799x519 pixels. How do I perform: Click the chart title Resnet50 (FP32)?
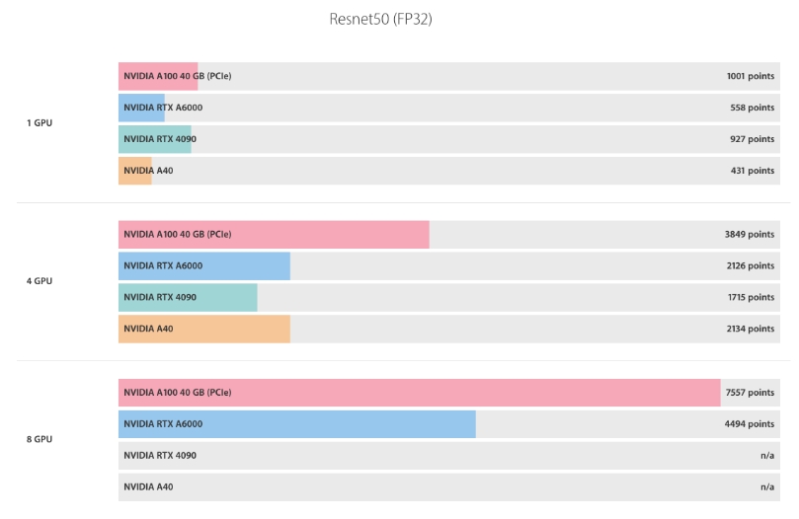tap(380, 19)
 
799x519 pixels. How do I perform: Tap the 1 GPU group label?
tap(40, 123)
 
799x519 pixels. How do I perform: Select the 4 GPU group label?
tap(40, 281)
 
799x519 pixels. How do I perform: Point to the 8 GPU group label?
tap(40, 439)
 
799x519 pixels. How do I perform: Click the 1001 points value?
tap(750, 76)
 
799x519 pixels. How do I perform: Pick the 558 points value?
tap(753, 108)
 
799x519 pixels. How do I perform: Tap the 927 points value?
tap(753, 139)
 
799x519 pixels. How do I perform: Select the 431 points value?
tap(753, 171)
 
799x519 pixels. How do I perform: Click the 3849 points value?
tap(750, 235)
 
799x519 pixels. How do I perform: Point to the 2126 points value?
tap(750, 266)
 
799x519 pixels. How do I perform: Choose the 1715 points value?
tap(750, 298)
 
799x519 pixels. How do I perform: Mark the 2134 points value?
tap(750, 330)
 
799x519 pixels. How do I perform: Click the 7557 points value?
tap(750, 393)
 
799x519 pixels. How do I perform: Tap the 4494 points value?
tap(750, 424)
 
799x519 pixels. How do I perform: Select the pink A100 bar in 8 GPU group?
tap(419, 393)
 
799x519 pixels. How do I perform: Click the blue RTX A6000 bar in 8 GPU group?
tap(296, 424)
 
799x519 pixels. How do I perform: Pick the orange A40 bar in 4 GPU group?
tap(203, 330)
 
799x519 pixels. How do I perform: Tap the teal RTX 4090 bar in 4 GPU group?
tap(188, 298)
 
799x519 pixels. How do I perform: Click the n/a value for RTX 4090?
tap(766, 456)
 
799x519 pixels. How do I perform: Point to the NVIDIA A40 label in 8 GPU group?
tap(148, 487)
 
